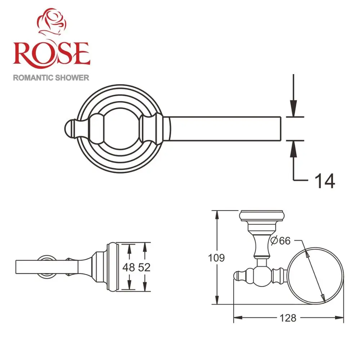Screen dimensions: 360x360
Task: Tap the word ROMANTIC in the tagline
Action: tap(33, 77)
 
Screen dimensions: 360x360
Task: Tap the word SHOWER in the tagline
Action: tap(72, 77)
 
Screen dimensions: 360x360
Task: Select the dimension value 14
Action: tap(324, 181)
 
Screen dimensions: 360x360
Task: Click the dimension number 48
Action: tap(129, 267)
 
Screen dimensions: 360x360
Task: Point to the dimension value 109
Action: tap(217, 258)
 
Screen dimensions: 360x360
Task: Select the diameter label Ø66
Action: tap(280, 240)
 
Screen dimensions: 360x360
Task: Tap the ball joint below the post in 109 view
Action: tap(262, 275)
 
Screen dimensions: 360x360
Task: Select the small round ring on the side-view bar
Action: tap(46, 267)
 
